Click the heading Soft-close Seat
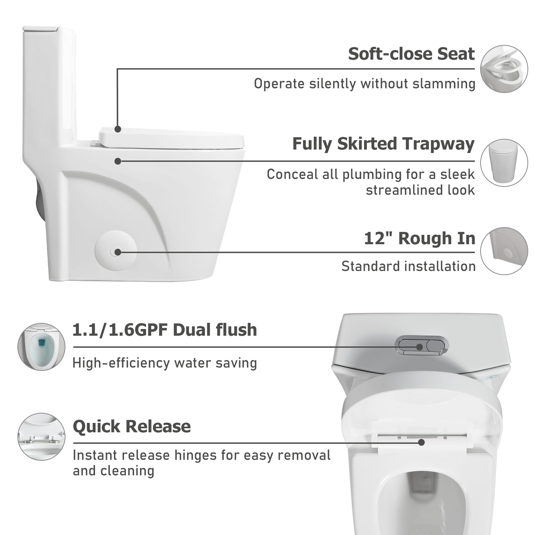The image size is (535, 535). (x=411, y=54)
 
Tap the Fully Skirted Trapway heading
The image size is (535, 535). (x=383, y=144)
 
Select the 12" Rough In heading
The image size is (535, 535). (x=420, y=238)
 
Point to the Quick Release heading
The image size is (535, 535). (x=132, y=426)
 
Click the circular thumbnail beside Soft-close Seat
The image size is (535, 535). (x=504, y=69)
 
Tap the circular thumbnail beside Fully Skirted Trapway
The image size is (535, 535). (x=504, y=163)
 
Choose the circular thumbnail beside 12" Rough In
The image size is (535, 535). (x=504, y=251)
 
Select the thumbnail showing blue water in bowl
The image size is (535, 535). (x=42, y=347)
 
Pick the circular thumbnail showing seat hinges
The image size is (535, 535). (x=42, y=437)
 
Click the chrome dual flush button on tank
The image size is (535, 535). (x=423, y=346)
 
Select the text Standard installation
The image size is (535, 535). (x=408, y=266)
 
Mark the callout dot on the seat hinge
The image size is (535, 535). (x=421, y=443)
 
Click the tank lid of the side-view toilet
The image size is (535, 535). (x=40, y=28)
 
